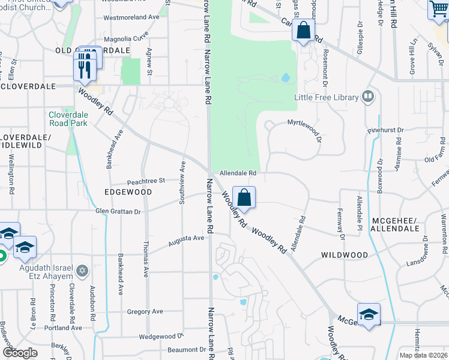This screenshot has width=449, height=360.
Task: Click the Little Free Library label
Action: [x=326, y=97]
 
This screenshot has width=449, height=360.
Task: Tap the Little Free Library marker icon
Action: [x=368, y=96]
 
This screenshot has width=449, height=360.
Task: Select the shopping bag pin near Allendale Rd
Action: [x=244, y=198]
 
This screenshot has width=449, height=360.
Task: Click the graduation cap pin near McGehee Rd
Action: [x=369, y=314]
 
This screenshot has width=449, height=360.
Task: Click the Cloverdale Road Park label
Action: [x=68, y=119]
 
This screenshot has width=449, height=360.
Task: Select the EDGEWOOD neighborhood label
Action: [x=128, y=192]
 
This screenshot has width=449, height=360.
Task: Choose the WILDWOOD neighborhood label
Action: [x=345, y=255]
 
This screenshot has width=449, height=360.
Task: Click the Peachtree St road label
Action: [x=146, y=181]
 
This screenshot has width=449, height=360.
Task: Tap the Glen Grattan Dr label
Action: [x=118, y=211]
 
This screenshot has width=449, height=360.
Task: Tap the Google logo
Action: [x=20, y=353]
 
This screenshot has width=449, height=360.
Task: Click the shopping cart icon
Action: [x=439, y=10]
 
